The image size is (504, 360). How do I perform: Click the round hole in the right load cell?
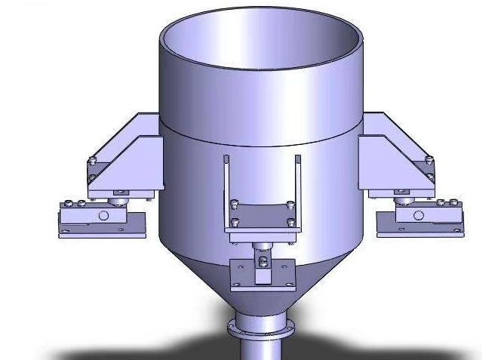[x=419, y=215]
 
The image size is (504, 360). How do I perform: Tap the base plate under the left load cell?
[x=102, y=232]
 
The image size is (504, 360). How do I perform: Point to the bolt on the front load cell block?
[x=263, y=262]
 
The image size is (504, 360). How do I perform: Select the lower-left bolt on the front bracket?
[x=235, y=222]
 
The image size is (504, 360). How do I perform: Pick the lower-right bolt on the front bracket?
[x=291, y=223]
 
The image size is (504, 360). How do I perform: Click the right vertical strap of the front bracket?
[x=298, y=185]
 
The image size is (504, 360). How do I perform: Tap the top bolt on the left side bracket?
[x=92, y=159]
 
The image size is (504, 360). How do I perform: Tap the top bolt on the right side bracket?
[x=429, y=159]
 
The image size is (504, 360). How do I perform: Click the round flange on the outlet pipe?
[x=260, y=330]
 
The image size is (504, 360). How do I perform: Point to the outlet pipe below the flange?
[x=260, y=350]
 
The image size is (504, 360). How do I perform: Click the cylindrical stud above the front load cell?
[x=263, y=247]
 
